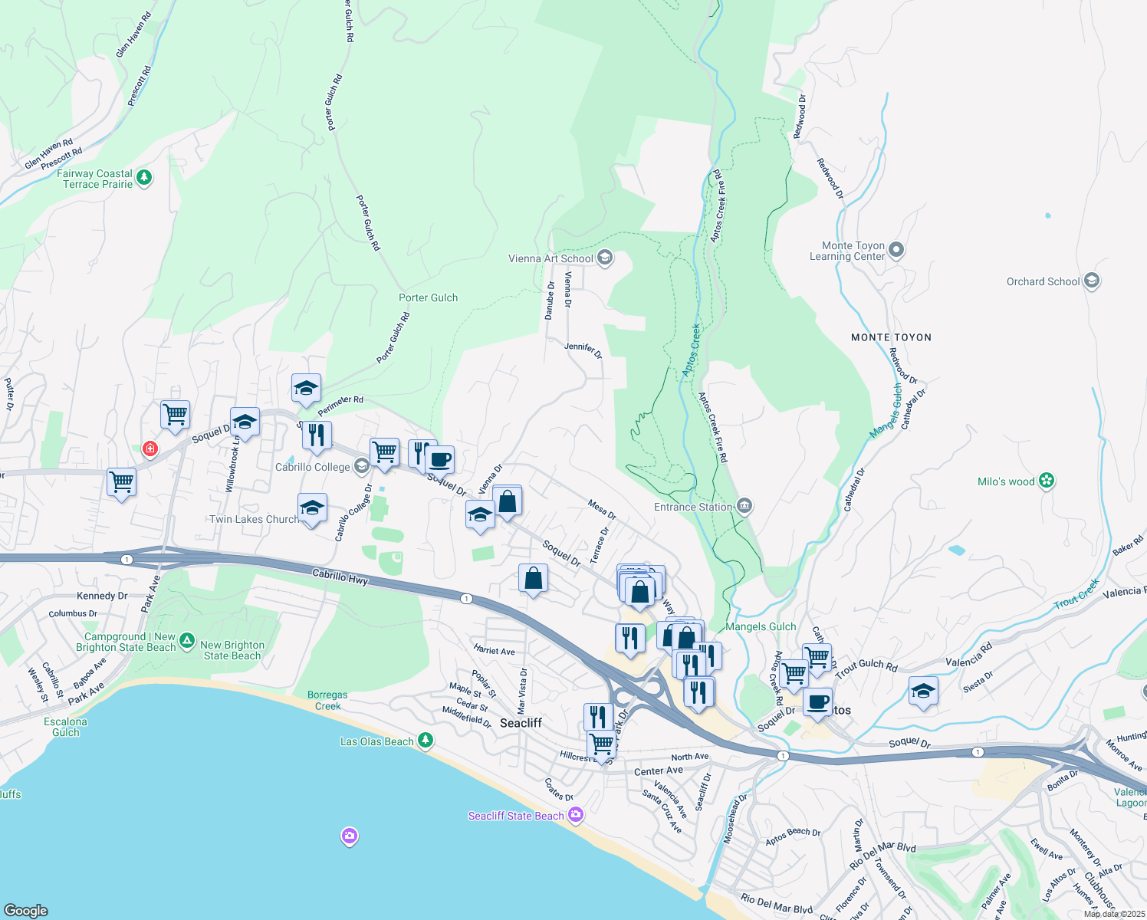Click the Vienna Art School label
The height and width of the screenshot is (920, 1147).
(x=550, y=258)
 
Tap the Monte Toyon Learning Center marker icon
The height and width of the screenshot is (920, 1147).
(x=896, y=250)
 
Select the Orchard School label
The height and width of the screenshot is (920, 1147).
(x=1043, y=281)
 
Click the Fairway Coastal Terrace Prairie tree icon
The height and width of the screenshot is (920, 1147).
(x=143, y=178)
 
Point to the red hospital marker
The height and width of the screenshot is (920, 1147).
(x=150, y=449)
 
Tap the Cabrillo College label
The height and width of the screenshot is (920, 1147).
(x=313, y=467)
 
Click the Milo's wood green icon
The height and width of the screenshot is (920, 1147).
(x=1047, y=481)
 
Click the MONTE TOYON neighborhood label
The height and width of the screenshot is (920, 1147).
(x=891, y=337)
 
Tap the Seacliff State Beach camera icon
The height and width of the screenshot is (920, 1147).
(x=576, y=815)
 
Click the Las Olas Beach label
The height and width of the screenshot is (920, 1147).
(x=376, y=741)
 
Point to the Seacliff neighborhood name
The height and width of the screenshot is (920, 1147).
(x=521, y=723)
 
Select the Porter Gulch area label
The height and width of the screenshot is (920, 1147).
(x=428, y=297)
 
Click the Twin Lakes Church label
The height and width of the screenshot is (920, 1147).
(x=254, y=519)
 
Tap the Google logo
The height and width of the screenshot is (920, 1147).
(x=25, y=910)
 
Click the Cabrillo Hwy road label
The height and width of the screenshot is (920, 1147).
(x=340, y=577)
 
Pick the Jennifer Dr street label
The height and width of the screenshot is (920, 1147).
(x=583, y=350)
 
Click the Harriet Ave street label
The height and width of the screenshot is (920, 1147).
(x=495, y=650)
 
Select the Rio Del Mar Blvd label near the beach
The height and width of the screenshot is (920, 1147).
(x=776, y=904)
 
